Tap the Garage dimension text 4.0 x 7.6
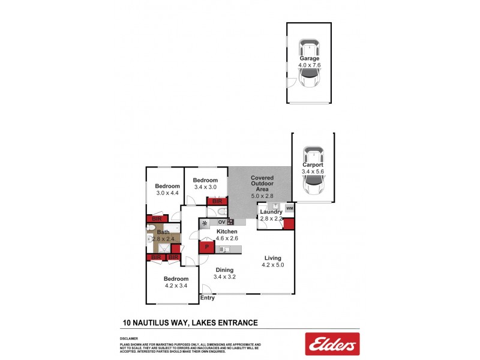coord(310,65)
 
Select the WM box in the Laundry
coord(289,208)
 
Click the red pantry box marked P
coord(206,247)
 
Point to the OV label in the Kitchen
coord(221,222)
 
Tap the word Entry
coord(208,298)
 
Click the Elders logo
coord(332,344)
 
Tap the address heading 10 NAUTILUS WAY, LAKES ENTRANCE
coord(190,323)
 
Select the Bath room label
coord(163,232)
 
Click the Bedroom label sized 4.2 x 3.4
coord(176,278)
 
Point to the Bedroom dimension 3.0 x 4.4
coord(168,193)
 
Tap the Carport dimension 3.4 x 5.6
coord(313,172)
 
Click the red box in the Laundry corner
coord(289,224)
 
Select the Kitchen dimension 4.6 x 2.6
coord(227,238)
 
